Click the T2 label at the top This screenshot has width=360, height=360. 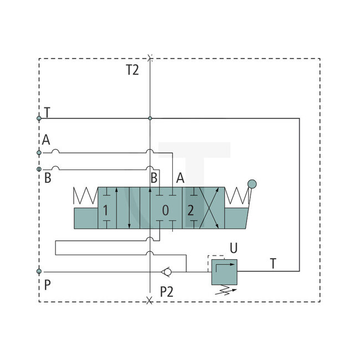[x=132, y=70]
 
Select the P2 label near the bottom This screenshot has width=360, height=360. [x=167, y=292]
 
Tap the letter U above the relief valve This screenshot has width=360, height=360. [x=234, y=248]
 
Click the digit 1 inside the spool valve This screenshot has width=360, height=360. [x=105, y=210]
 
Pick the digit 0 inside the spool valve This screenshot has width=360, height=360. [x=165, y=210]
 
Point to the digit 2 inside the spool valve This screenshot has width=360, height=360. [x=191, y=210]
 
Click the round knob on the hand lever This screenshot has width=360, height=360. [x=253, y=183]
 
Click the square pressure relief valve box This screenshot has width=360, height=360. [x=224, y=271]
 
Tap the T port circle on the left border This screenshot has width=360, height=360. [x=39, y=118]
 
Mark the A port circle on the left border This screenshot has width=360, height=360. [x=39, y=152]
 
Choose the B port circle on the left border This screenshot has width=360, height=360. [x=39, y=168]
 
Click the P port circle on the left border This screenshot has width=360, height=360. [x=39, y=271]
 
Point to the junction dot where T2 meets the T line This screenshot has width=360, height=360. [x=150, y=118]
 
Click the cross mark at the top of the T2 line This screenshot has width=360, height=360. [x=150, y=57]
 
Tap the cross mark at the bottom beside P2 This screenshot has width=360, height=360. [x=149, y=300]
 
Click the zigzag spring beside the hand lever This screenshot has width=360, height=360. [x=236, y=197]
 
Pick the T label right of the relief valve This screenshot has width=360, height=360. [x=273, y=264]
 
